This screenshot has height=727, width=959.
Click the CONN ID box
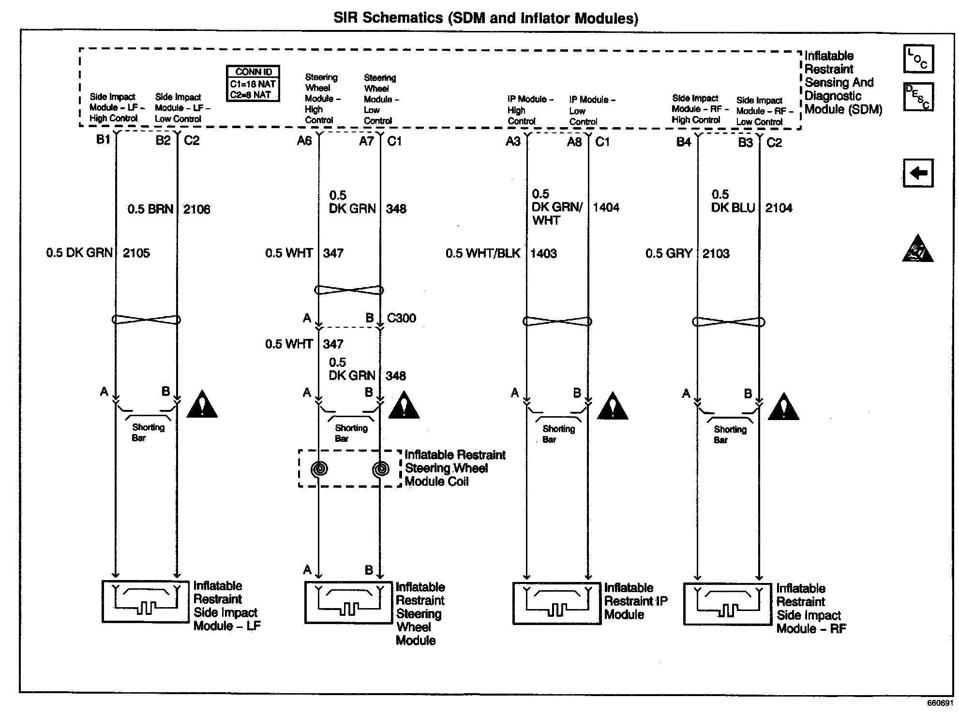253,84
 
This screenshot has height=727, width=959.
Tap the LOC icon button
918,59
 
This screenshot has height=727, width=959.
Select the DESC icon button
918,97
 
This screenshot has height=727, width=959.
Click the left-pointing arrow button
918,173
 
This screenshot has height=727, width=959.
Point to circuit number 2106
196,209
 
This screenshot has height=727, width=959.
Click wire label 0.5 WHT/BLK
483,253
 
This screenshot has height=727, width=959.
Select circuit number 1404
606,207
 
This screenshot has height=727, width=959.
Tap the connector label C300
401,318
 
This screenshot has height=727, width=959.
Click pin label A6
304,141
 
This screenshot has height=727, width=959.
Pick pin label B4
683,142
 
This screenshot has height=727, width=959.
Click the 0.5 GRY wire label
669,253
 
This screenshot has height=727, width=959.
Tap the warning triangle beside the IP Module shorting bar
612,407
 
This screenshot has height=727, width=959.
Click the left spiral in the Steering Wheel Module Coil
319,468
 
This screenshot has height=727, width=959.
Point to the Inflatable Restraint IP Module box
556,603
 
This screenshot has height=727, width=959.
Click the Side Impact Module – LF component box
145,601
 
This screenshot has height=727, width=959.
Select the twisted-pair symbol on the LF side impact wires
146,320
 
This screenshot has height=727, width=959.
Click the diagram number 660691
940,703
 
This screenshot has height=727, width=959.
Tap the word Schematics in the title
402,18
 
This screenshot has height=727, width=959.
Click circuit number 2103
716,253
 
